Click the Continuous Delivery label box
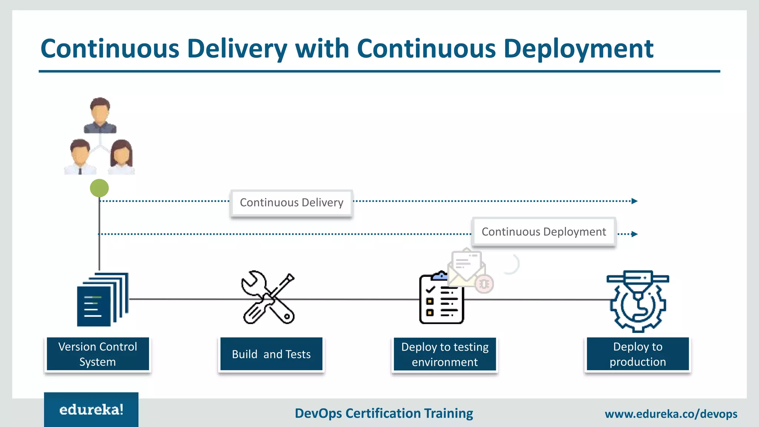[291, 203]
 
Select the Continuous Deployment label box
[544, 232]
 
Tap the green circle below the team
[99, 188]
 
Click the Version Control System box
[98, 354]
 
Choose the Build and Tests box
[271, 354]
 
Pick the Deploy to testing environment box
[445, 354]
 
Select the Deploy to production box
[638, 354]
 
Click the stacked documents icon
[103, 299]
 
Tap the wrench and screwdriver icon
[268, 298]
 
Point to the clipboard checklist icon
[441, 299]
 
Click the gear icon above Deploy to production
[638, 301]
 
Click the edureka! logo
[91, 410]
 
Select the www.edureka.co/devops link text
[671, 414]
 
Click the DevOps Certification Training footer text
[384, 413]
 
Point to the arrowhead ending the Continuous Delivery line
[634, 201]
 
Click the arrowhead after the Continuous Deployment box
[634, 234]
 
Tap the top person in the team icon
[100, 115]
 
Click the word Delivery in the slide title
[237, 49]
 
